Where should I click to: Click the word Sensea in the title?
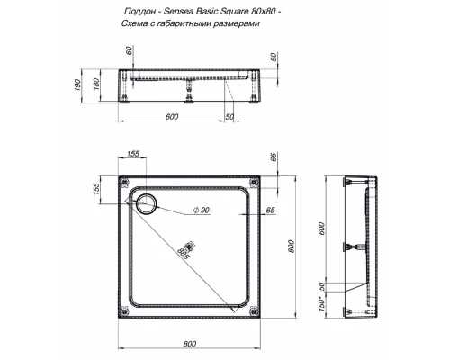tap(177, 12)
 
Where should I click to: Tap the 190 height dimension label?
tap(77, 85)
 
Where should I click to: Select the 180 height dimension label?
tap(96, 85)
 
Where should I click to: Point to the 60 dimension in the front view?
tap(130, 50)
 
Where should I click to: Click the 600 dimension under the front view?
tap(172, 116)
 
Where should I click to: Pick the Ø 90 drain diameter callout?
tap(202, 210)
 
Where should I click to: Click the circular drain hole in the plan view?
tap(147, 204)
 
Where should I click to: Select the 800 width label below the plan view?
tap(190, 344)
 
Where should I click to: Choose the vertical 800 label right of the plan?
tap(291, 247)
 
